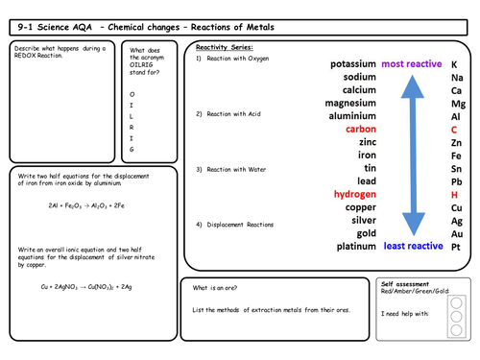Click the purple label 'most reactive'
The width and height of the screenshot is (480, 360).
[412, 64]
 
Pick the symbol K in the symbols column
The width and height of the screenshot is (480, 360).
[455, 64]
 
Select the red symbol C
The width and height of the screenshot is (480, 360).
[455, 129]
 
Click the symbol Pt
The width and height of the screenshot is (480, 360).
[456, 246]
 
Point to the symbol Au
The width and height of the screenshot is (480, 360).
[457, 233]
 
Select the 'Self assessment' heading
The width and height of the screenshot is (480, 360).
[407, 285]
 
